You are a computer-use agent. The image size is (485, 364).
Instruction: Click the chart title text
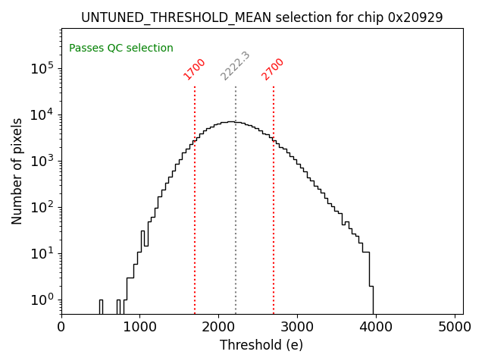pyautogui.click(x=261, y=17)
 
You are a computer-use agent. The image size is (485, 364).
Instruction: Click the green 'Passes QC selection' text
pyautogui.click(x=121, y=48)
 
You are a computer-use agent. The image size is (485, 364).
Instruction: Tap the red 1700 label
pyautogui.click(x=195, y=68)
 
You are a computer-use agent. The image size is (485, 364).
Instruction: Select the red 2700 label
pyautogui.click(x=273, y=68)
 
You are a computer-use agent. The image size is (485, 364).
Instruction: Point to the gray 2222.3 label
pyautogui.click(x=236, y=66)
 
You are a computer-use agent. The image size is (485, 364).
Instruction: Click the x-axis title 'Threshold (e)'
pyautogui.click(x=261, y=345)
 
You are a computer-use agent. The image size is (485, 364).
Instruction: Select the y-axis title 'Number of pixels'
pyautogui.click(x=17, y=171)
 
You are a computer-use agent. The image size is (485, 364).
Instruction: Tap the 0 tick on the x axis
pyautogui.click(x=61, y=327)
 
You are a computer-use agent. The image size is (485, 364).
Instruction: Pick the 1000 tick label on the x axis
pyautogui.click(x=139, y=327)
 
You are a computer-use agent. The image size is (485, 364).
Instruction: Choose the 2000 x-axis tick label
pyautogui.click(x=218, y=327)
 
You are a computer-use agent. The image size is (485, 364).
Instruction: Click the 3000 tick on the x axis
pyautogui.click(x=297, y=327)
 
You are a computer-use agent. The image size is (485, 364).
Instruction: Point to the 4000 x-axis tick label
pyautogui.click(x=376, y=327)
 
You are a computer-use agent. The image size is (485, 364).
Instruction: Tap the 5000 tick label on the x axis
pyautogui.click(x=455, y=327)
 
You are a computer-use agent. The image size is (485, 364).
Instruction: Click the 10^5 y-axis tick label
pyautogui.click(x=42, y=68)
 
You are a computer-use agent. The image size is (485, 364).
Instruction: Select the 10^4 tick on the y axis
pyautogui.click(x=42, y=115)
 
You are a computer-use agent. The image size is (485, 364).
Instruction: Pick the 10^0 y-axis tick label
pyautogui.click(x=42, y=300)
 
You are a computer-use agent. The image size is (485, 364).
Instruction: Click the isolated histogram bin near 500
pyautogui.click(x=101, y=306)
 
